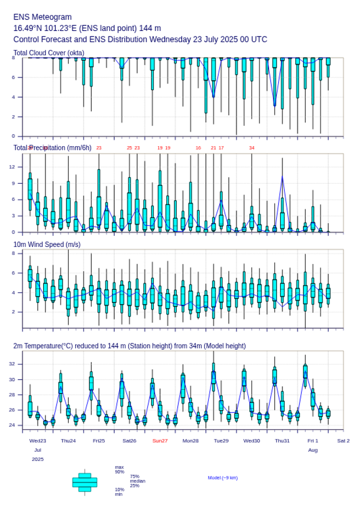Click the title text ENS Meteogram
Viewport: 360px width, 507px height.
point(43,17)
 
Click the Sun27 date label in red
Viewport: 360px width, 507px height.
point(160,441)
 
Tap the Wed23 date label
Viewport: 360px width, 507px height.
point(38,441)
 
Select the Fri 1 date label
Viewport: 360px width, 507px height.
point(313,441)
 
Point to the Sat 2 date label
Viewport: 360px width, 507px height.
point(343,441)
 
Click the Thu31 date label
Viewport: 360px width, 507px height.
point(282,441)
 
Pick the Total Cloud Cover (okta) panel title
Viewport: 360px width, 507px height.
point(49,53)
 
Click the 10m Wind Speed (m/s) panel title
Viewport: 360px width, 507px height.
point(47,244)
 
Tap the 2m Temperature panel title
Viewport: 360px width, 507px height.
point(130,346)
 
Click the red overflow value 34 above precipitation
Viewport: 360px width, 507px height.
point(251,148)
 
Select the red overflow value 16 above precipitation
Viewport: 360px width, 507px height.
point(198,148)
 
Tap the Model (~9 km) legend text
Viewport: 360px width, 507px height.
point(223,478)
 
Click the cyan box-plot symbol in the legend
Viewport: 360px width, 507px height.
point(85,482)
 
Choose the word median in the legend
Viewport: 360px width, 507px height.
point(137,481)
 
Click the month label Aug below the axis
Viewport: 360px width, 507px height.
point(313,450)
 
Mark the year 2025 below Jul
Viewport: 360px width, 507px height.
point(38,459)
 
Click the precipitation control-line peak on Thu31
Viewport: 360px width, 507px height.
point(282,177)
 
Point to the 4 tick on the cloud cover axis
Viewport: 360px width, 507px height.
point(13,97)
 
